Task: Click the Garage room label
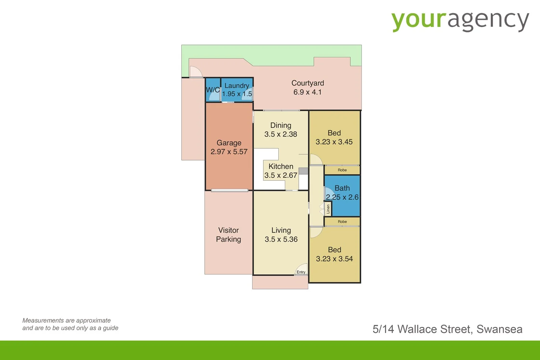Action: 229,143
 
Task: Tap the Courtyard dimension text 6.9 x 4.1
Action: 307,92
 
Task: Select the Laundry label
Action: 237,86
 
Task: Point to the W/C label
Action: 213,90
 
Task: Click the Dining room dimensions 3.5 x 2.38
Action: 280,134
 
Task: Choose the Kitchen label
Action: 281,166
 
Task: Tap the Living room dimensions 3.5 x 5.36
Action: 281,239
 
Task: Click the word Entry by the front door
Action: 301,272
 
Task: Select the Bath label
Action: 342,188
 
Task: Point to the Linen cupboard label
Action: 328,209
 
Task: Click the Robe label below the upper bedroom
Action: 342,170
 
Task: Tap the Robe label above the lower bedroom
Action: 342,222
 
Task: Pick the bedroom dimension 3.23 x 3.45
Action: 334,142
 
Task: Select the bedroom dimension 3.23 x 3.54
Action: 334,259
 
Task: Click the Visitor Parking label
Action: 228,234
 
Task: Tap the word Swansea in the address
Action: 500,329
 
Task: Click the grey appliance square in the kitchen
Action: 303,171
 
